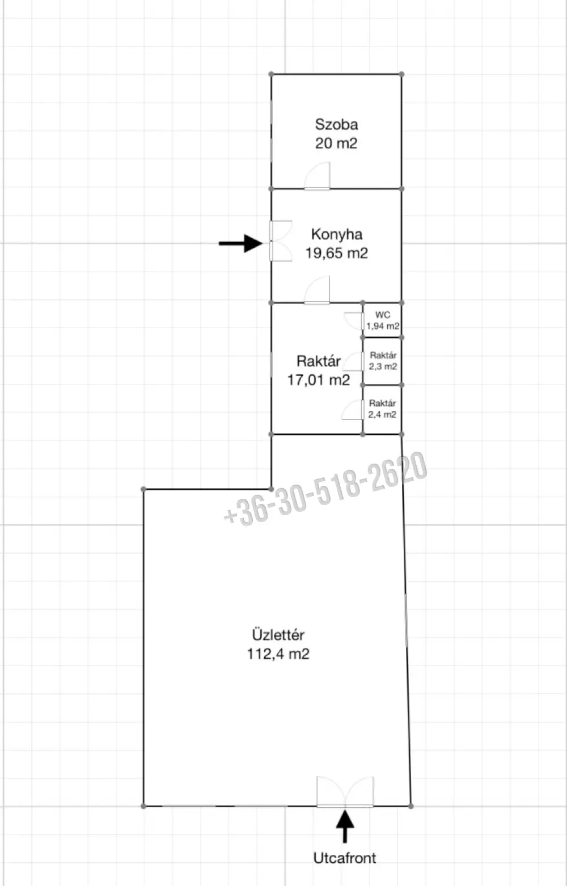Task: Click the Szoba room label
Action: (336, 125)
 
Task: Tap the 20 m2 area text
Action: (336, 143)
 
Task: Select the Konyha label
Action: (337, 235)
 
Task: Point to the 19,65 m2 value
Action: (337, 253)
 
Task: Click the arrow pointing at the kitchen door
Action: (240, 243)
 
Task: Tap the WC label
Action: (383, 315)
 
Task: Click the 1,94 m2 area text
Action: (383, 327)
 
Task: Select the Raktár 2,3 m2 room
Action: (383, 361)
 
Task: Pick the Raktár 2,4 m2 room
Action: (383, 410)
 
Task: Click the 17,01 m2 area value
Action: (319, 380)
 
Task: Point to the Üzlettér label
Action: (278, 635)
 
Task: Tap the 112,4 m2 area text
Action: (278, 654)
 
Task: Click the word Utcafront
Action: (345, 858)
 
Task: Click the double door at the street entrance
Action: (345, 791)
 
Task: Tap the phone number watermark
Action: (325, 490)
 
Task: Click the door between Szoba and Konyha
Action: (317, 176)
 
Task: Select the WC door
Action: (354, 321)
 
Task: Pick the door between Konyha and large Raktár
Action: (317, 290)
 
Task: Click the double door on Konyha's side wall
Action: (281, 241)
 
